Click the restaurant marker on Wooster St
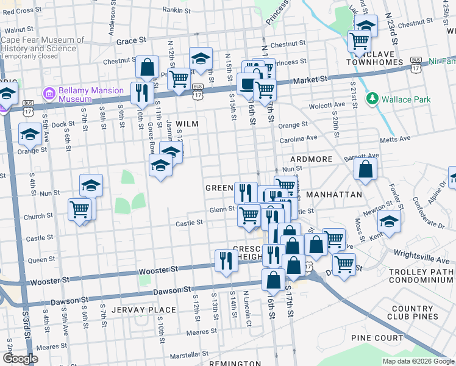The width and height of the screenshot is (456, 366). click(226, 260)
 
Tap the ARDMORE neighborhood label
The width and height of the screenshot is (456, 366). click(312, 159)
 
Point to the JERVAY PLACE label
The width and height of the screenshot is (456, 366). click(150, 310)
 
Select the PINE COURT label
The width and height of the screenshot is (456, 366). click(377, 338)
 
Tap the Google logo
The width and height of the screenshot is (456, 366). click(21, 359)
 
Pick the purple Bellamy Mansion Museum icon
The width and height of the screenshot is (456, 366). click(49, 95)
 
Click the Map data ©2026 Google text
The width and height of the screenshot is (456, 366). click(418, 361)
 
